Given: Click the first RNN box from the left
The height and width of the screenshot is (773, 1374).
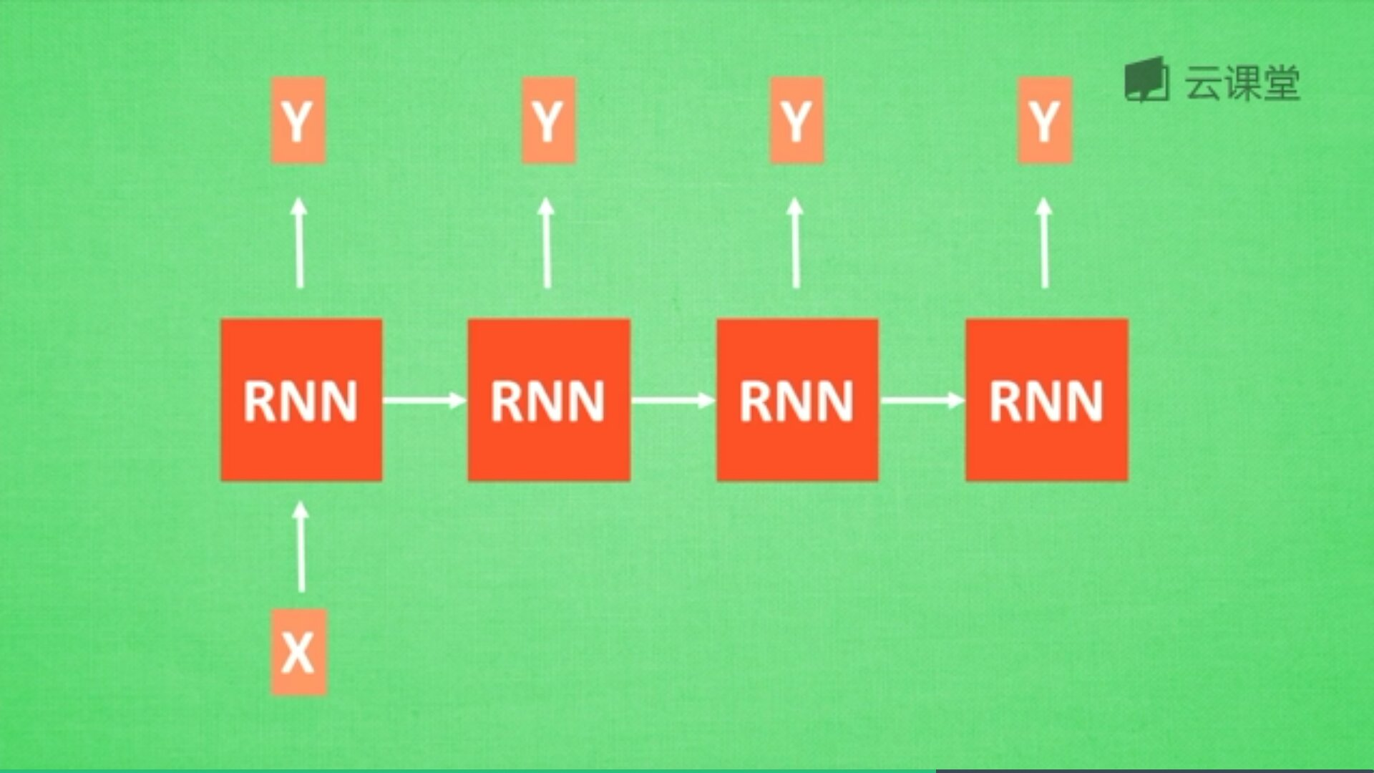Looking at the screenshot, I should click(301, 399).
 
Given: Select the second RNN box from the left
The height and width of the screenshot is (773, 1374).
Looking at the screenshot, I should click(549, 399).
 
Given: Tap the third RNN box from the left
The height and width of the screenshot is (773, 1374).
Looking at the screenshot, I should click(797, 399).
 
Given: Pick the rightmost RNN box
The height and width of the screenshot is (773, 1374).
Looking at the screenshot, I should click(1046, 399).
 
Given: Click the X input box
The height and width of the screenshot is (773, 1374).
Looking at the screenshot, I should click(298, 651).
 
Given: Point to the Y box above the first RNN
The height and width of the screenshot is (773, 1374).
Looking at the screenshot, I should click(298, 120).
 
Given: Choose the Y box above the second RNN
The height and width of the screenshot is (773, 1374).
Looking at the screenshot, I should click(548, 120).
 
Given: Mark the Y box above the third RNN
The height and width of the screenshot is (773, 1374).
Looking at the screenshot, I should click(796, 120).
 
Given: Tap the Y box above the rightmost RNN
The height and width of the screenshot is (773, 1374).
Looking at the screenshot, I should click(1045, 120).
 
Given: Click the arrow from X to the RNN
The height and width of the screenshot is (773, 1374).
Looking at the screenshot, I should click(301, 548).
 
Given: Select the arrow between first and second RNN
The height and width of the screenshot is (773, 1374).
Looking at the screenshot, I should click(424, 399).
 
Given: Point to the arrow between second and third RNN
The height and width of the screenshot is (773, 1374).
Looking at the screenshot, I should click(673, 399).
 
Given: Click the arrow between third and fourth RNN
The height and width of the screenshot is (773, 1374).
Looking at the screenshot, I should click(922, 399).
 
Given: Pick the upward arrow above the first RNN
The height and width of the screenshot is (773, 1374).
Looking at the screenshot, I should click(299, 243).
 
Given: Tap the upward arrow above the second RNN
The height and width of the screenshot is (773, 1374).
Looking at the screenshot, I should click(547, 243).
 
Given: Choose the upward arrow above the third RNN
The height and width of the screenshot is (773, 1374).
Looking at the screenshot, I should click(795, 243).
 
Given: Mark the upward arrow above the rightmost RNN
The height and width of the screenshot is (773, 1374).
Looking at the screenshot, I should click(1044, 243).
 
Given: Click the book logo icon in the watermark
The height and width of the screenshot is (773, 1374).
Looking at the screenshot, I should click(1146, 80).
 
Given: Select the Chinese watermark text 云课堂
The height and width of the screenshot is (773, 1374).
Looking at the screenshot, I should click(1242, 83).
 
